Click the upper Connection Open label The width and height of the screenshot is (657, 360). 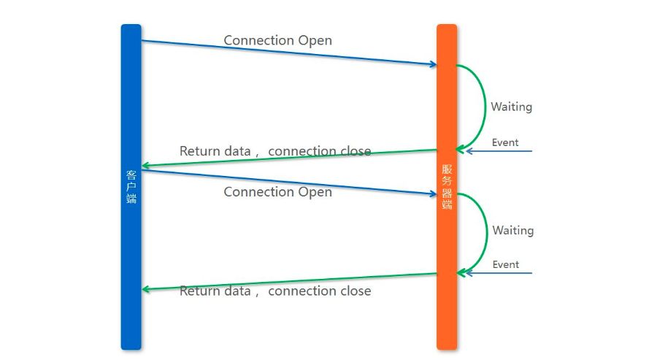point(278,40)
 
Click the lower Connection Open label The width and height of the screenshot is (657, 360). point(278,192)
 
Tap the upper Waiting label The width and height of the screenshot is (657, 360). point(512,107)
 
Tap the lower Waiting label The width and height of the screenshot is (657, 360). point(513,231)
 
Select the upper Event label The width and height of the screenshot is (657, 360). point(505,142)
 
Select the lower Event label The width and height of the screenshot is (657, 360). point(506,264)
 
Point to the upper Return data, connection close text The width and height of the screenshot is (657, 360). point(275,151)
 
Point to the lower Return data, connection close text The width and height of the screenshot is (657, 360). point(275,291)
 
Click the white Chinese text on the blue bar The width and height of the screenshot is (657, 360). point(131,187)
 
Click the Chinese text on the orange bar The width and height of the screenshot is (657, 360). point(447,187)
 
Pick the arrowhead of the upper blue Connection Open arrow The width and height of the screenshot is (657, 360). point(434,64)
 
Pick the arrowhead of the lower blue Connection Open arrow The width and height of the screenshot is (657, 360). point(434,194)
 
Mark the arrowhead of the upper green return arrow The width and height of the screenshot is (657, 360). point(145,166)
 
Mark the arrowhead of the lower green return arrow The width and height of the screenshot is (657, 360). point(145,289)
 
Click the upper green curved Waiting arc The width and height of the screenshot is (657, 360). point(485,107)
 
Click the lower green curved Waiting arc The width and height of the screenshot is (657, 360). point(488,233)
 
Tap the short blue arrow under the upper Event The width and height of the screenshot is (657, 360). point(499,151)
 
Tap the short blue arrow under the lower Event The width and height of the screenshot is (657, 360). point(499,273)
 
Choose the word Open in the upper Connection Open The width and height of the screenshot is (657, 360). point(315,41)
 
